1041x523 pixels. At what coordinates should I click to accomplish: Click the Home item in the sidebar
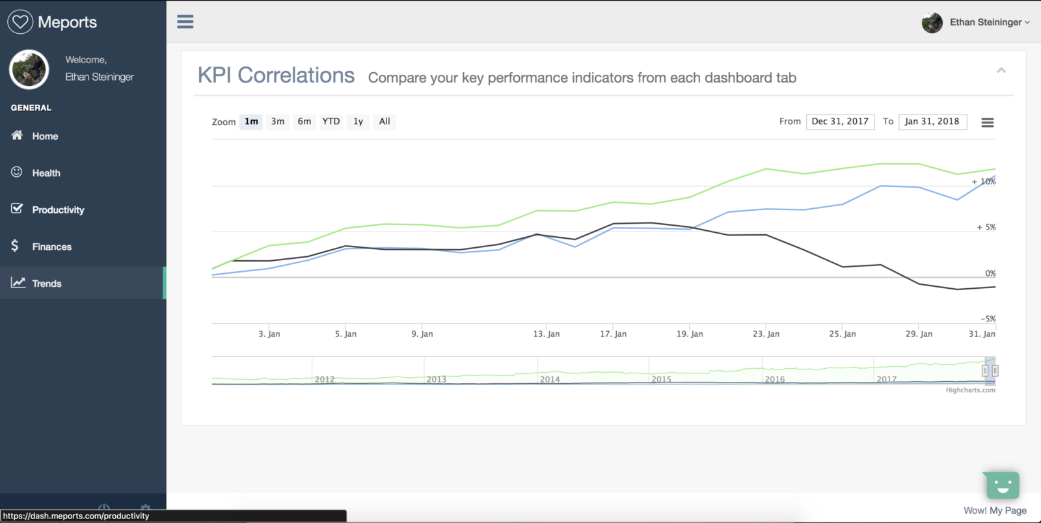point(45,136)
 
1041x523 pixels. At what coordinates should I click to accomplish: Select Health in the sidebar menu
point(46,173)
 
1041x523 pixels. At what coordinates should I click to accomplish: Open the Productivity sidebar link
point(58,210)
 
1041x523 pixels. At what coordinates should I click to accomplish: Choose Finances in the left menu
point(51,247)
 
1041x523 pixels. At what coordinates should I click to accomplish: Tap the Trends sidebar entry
point(47,284)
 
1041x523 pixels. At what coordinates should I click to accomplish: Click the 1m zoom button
point(251,122)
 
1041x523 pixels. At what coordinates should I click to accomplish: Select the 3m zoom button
point(278,122)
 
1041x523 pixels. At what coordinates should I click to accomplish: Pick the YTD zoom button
point(331,122)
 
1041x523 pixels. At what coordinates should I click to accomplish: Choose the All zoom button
point(385,122)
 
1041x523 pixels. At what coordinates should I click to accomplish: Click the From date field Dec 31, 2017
point(840,122)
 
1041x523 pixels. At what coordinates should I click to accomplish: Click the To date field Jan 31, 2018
point(932,122)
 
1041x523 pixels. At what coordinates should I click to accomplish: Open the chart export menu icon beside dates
point(987,122)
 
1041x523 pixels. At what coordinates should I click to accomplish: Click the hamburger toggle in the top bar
point(185,21)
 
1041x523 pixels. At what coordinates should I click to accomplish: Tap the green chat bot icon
point(1002,485)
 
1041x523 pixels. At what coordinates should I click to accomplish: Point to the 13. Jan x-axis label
point(546,334)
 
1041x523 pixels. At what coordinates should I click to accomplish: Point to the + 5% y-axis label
point(986,227)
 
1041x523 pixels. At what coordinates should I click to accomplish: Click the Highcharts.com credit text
point(970,390)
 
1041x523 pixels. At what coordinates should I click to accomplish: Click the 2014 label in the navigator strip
point(550,379)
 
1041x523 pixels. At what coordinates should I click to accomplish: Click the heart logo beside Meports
point(20,21)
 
